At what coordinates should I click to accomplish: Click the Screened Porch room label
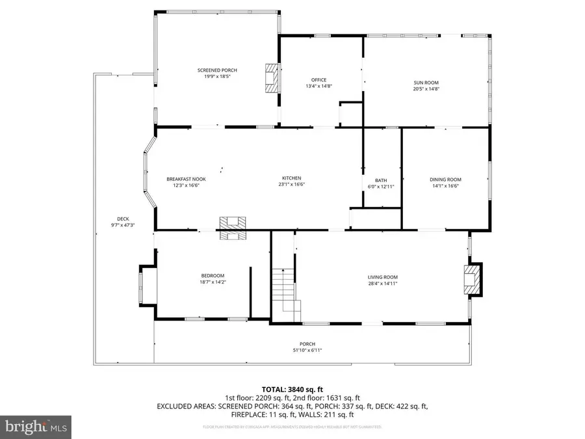(x=217, y=70)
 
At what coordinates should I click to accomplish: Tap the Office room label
(x=318, y=80)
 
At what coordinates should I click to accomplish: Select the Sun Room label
(x=426, y=83)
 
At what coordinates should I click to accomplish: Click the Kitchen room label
(x=291, y=178)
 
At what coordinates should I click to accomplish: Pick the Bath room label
(x=381, y=180)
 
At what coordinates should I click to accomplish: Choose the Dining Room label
(x=445, y=180)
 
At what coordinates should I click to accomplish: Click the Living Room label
(x=382, y=276)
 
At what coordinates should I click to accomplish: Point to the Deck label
(x=123, y=219)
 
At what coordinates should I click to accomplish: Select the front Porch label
(x=307, y=344)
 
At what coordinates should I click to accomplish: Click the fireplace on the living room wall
(x=473, y=279)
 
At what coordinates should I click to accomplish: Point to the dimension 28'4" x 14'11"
(x=382, y=283)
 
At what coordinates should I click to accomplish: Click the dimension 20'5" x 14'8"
(x=426, y=89)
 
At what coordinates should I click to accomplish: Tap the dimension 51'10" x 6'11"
(x=307, y=351)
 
